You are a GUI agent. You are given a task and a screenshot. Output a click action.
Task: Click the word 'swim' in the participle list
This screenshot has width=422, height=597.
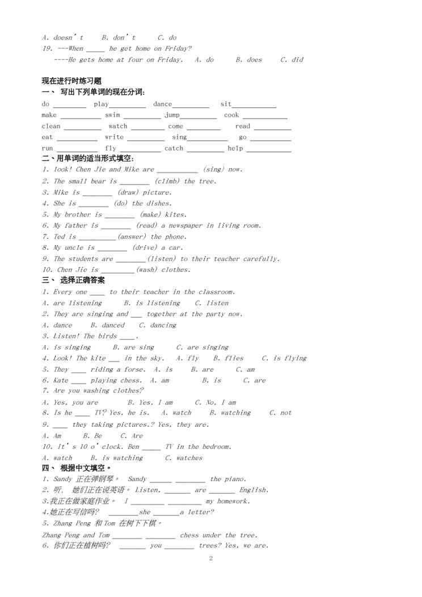tap(112, 115)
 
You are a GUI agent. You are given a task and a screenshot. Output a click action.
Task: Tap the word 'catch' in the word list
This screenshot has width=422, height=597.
tap(174, 149)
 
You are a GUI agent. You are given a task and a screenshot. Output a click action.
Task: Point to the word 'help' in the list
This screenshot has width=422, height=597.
tap(235, 149)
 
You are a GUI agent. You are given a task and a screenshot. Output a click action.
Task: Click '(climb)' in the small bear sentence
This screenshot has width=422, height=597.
tap(167, 182)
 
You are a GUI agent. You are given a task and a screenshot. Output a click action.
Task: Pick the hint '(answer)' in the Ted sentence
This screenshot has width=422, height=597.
tap(132, 237)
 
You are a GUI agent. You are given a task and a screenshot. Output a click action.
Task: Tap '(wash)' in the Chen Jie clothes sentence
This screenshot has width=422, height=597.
tap(147, 270)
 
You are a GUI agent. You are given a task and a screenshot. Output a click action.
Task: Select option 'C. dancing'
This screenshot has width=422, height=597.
tap(158, 325)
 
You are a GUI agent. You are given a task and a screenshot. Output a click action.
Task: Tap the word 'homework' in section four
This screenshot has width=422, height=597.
tap(233, 502)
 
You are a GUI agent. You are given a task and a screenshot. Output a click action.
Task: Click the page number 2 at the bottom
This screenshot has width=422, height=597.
tap(211, 558)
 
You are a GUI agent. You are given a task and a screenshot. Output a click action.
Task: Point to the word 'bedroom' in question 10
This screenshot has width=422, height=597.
tap(216, 447)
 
